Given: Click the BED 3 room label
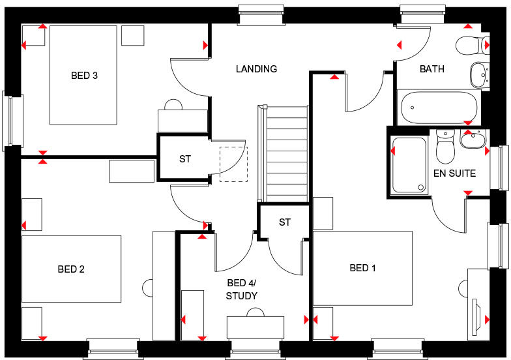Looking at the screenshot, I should (84, 76).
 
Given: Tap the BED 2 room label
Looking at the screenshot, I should (71, 269).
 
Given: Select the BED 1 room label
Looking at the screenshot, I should (363, 268).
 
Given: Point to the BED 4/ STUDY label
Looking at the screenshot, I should (242, 290).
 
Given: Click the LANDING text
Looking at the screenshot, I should (256, 69).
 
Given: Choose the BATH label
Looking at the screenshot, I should (431, 69).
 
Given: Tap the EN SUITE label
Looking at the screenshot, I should (454, 173).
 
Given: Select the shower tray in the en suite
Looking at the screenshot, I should (409, 165).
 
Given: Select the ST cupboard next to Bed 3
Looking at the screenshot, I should (185, 158).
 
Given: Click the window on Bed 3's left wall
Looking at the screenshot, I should (12, 120).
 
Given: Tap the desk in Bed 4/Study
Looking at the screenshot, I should (255, 326).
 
